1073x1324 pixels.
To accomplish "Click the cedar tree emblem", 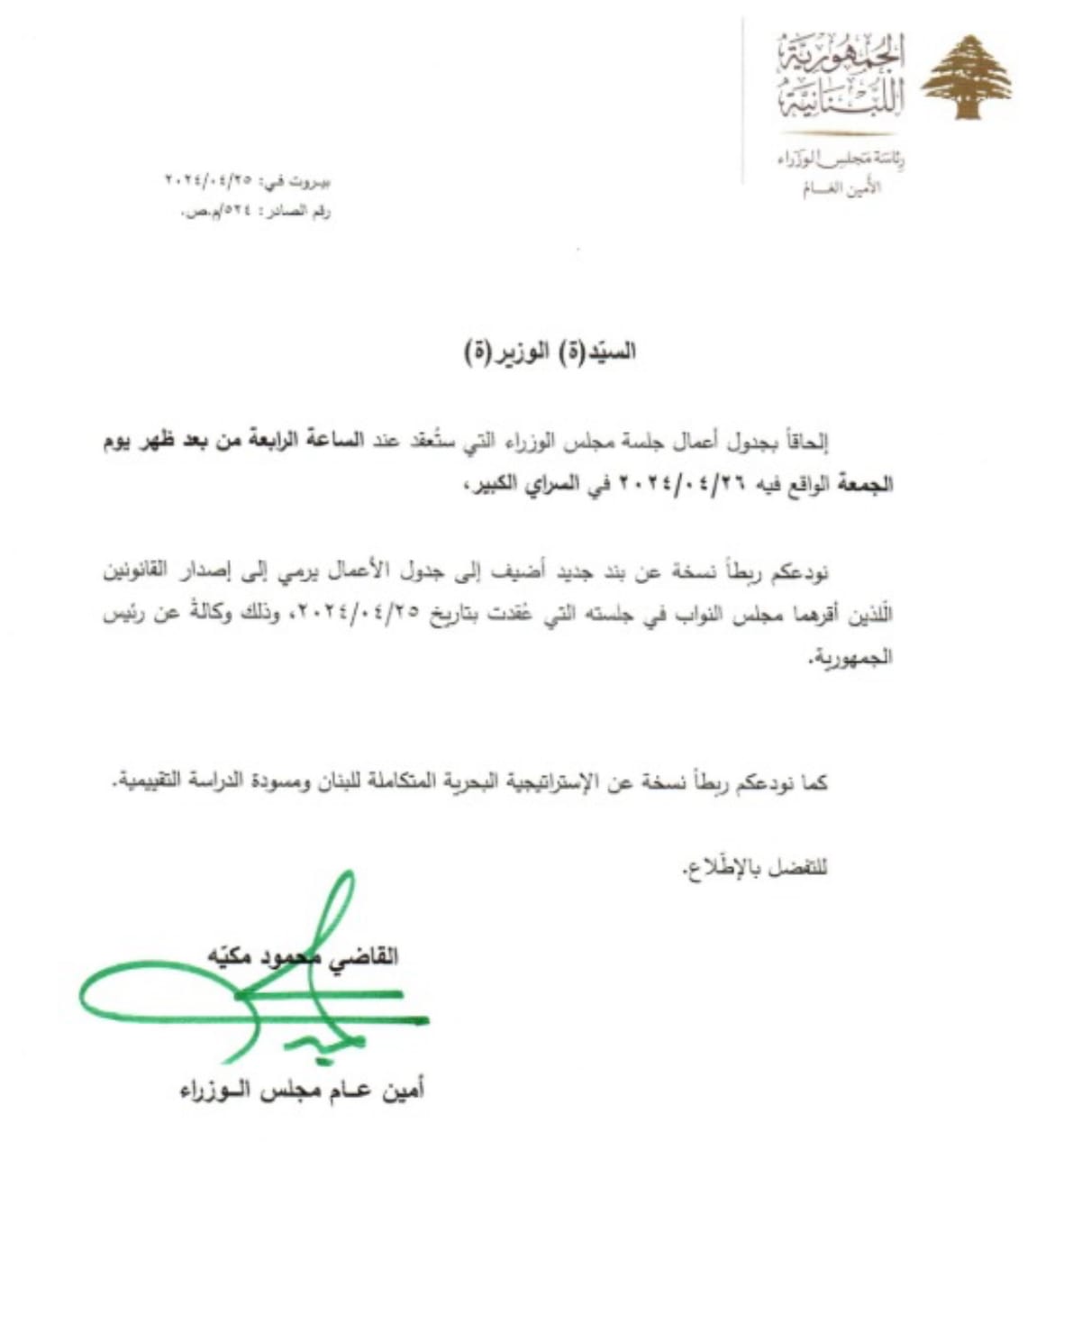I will coord(965,78).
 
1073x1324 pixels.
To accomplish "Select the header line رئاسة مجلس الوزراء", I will coord(841,160).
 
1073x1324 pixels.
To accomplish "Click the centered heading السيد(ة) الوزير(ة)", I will coord(550,352).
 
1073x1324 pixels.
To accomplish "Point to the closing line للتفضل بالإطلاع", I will coord(754,869).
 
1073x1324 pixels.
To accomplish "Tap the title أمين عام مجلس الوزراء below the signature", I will coord(302,1091).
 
